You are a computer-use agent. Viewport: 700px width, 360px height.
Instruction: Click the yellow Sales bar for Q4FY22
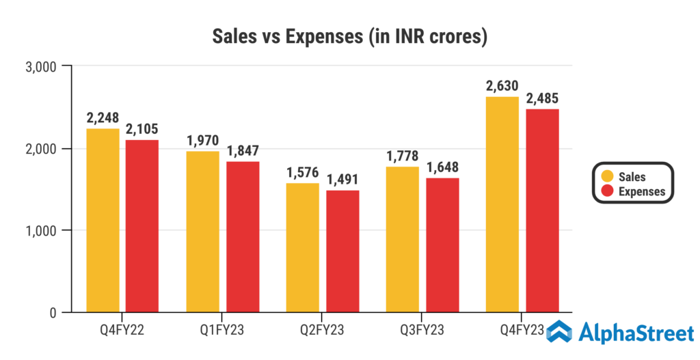(x=103, y=220)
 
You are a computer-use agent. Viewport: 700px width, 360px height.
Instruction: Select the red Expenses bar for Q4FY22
(x=143, y=225)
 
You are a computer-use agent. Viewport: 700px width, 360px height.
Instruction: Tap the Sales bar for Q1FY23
(x=203, y=232)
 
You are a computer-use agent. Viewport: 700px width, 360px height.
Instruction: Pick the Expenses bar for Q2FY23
(x=342, y=251)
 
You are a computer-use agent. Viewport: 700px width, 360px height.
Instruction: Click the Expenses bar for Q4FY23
(x=542, y=210)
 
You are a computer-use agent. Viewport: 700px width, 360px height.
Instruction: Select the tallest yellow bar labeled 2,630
(x=502, y=204)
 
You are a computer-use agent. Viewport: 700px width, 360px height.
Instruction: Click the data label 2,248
(x=103, y=117)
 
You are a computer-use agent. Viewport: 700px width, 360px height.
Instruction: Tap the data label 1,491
(x=342, y=179)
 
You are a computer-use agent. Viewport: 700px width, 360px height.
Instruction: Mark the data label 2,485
(x=542, y=98)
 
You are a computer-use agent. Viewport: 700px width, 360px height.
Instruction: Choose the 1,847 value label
(x=243, y=150)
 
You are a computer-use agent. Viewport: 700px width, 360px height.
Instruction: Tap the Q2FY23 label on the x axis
(x=323, y=331)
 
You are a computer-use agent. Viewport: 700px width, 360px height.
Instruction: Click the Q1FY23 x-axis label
(x=223, y=331)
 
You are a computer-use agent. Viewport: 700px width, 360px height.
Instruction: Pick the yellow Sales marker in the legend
(x=606, y=177)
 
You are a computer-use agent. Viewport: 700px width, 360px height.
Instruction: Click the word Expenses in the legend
(x=641, y=192)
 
